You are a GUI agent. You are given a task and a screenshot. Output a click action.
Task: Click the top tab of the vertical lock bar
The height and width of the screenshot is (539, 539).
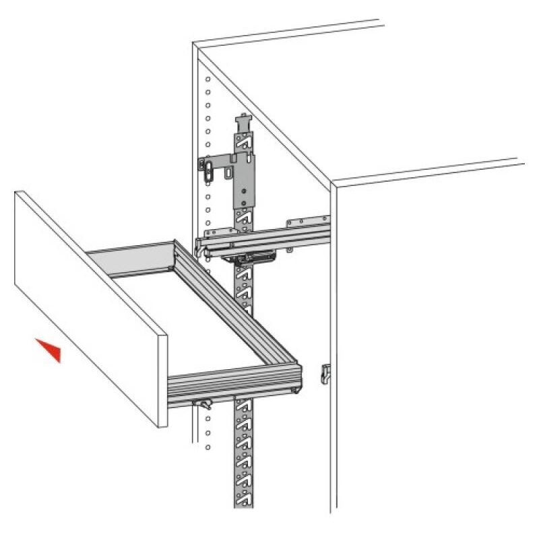(242, 123)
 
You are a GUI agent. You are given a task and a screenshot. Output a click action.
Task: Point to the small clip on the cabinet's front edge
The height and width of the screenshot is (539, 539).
(325, 371)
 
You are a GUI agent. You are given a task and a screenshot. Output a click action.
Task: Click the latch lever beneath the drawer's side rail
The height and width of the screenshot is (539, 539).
(202, 403)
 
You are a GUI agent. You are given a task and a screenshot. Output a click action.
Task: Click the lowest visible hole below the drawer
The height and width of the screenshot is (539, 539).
(208, 447)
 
